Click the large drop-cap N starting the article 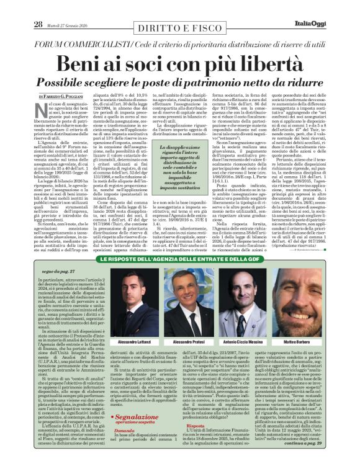pos(42,111)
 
